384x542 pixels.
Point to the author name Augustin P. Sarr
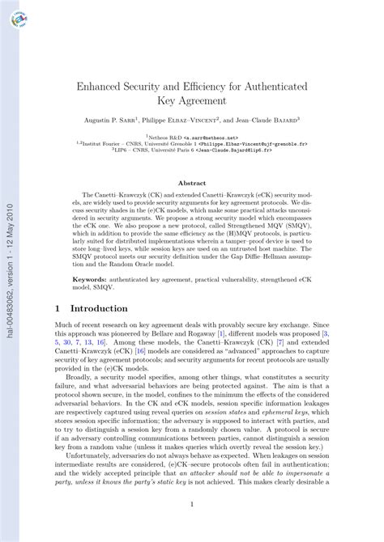click(x=112, y=120)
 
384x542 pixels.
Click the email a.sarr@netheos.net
click(x=211, y=138)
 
